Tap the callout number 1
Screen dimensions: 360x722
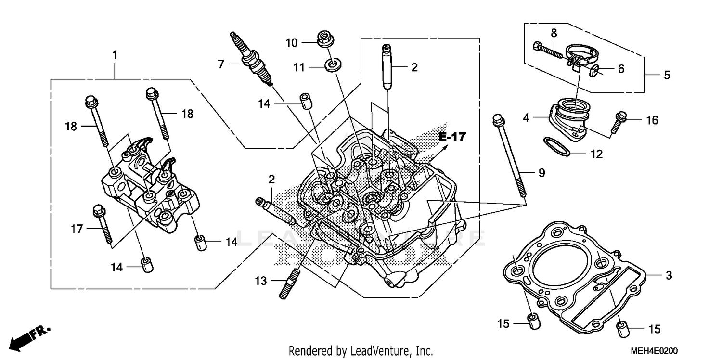(x=115, y=55)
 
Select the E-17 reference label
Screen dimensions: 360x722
(x=452, y=137)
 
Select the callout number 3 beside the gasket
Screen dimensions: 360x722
(x=668, y=275)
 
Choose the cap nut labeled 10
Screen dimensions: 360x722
(x=325, y=39)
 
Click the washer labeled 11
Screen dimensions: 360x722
(x=331, y=64)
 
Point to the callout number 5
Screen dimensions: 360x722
(x=667, y=75)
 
